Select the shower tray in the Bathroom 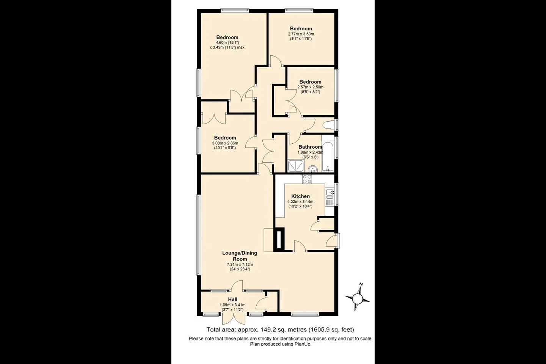tap(296, 166)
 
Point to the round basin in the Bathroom tap(312, 169)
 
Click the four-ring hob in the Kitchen tap(307, 179)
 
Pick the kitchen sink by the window tap(330, 193)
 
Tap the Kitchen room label tap(301, 196)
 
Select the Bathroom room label tap(310, 147)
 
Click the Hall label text tap(232, 300)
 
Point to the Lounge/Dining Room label tap(240, 256)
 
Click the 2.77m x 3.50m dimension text tap(301, 34)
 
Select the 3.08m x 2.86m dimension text tap(225, 143)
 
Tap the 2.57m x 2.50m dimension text tap(310, 87)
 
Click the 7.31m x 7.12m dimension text tap(240, 265)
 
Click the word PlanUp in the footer tap(303, 344)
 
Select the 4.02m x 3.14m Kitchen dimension tap(300, 202)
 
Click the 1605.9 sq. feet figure tap(331, 330)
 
